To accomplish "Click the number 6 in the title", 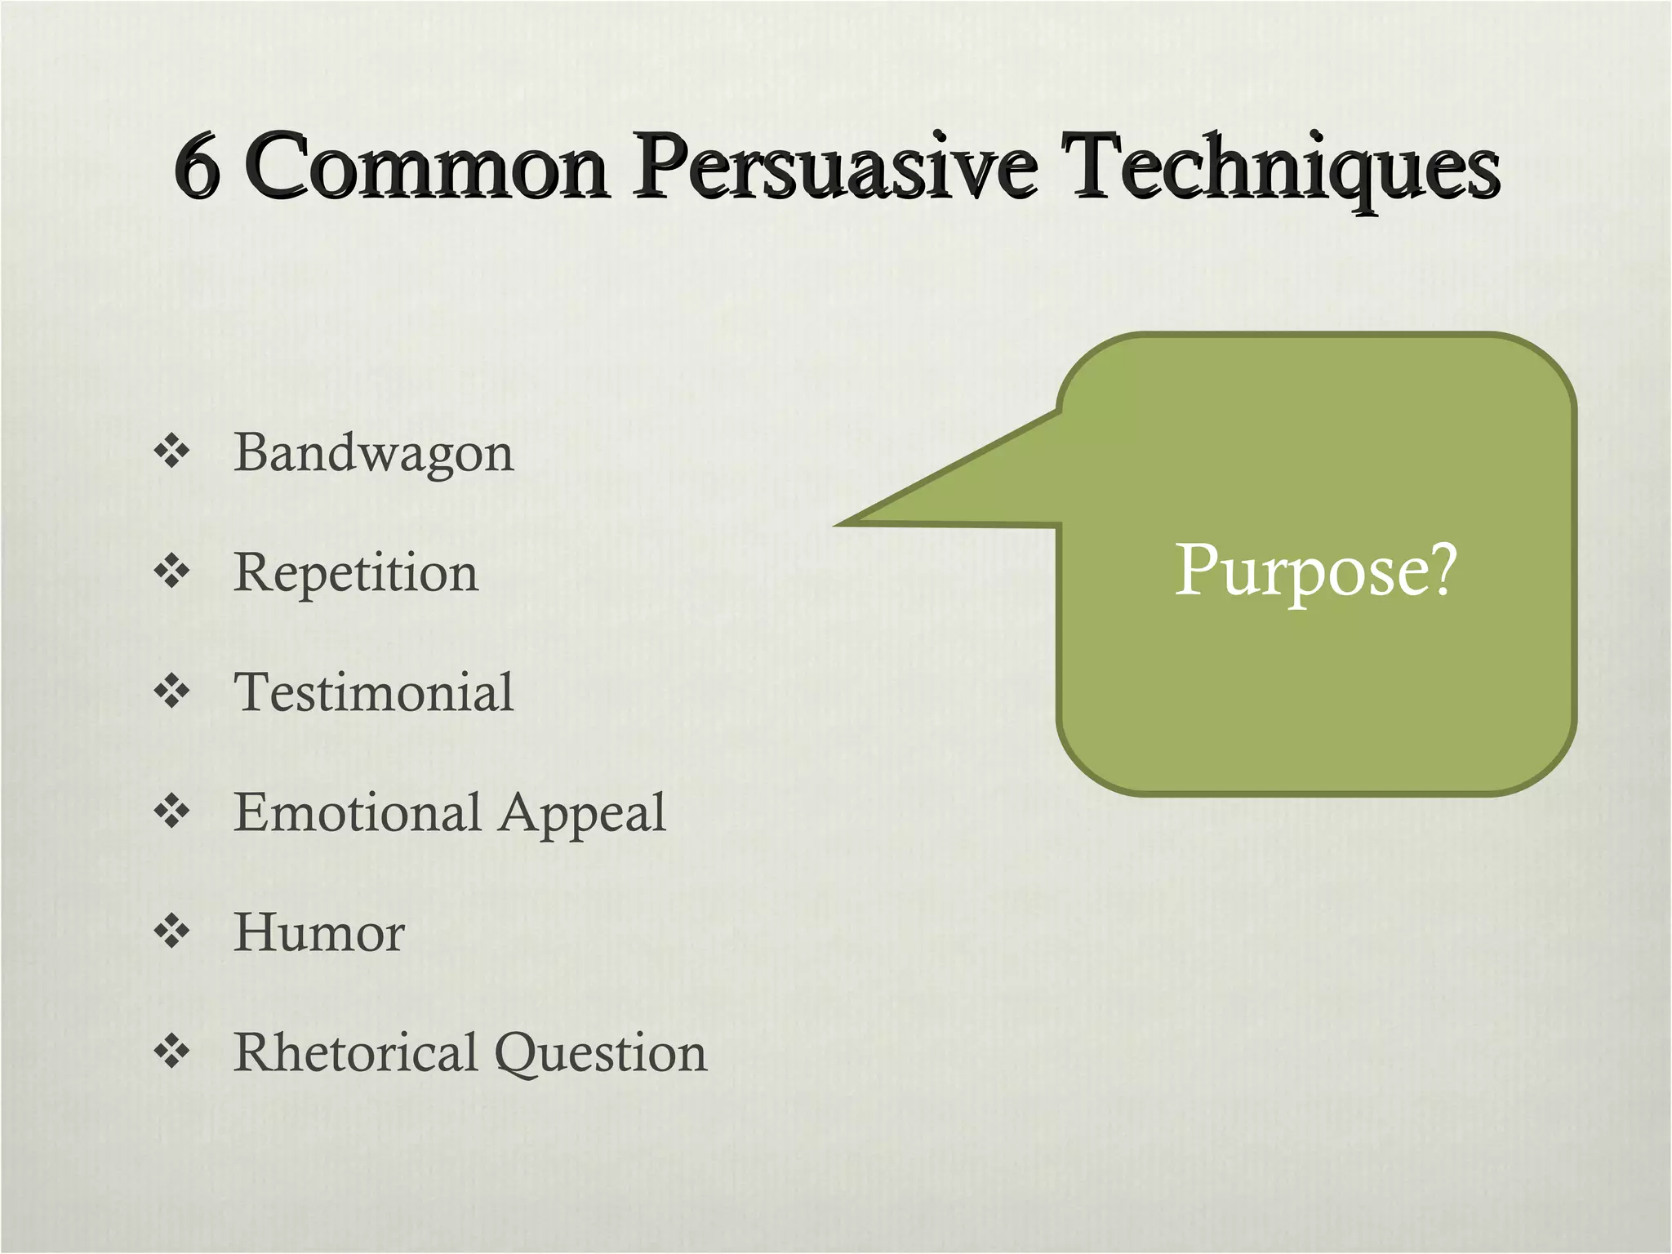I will pyautogui.click(x=198, y=167).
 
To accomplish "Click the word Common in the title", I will pyautogui.click(x=426, y=167).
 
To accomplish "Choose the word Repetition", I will pyautogui.click(x=356, y=573).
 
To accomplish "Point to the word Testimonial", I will pyautogui.click(x=374, y=692).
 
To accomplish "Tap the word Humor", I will pyautogui.click(x=319, y=932).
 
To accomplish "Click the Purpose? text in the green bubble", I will pyautogui.click(x=1315, y=571).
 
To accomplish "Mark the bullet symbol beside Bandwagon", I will pyautogui.click(x=171, y=451).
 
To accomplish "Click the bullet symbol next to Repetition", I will pyautogui.click(x=171, y=571).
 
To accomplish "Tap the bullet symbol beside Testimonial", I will pyautogui.click(x=171, y=691).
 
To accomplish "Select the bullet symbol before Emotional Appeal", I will pyautogui.click(x=171, y=812).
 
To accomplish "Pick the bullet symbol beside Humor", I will pyautogui.click(x=171, y=932).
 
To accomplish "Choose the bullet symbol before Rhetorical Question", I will pyautogui.click(x=171, y=1052).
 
